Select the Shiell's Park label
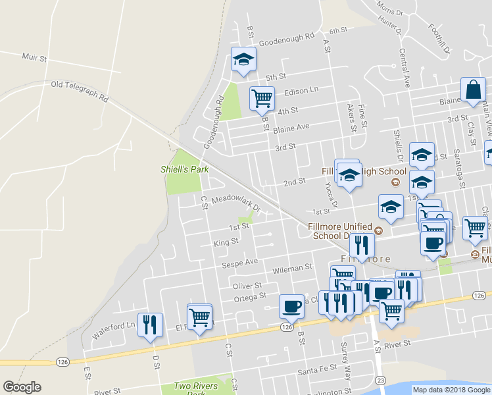184,169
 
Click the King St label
226,242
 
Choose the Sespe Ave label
243,261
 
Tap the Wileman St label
293,268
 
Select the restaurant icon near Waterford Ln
151,324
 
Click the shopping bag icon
473,89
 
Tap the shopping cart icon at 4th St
262,98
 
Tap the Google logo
22,387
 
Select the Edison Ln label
301,90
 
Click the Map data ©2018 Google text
451,390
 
